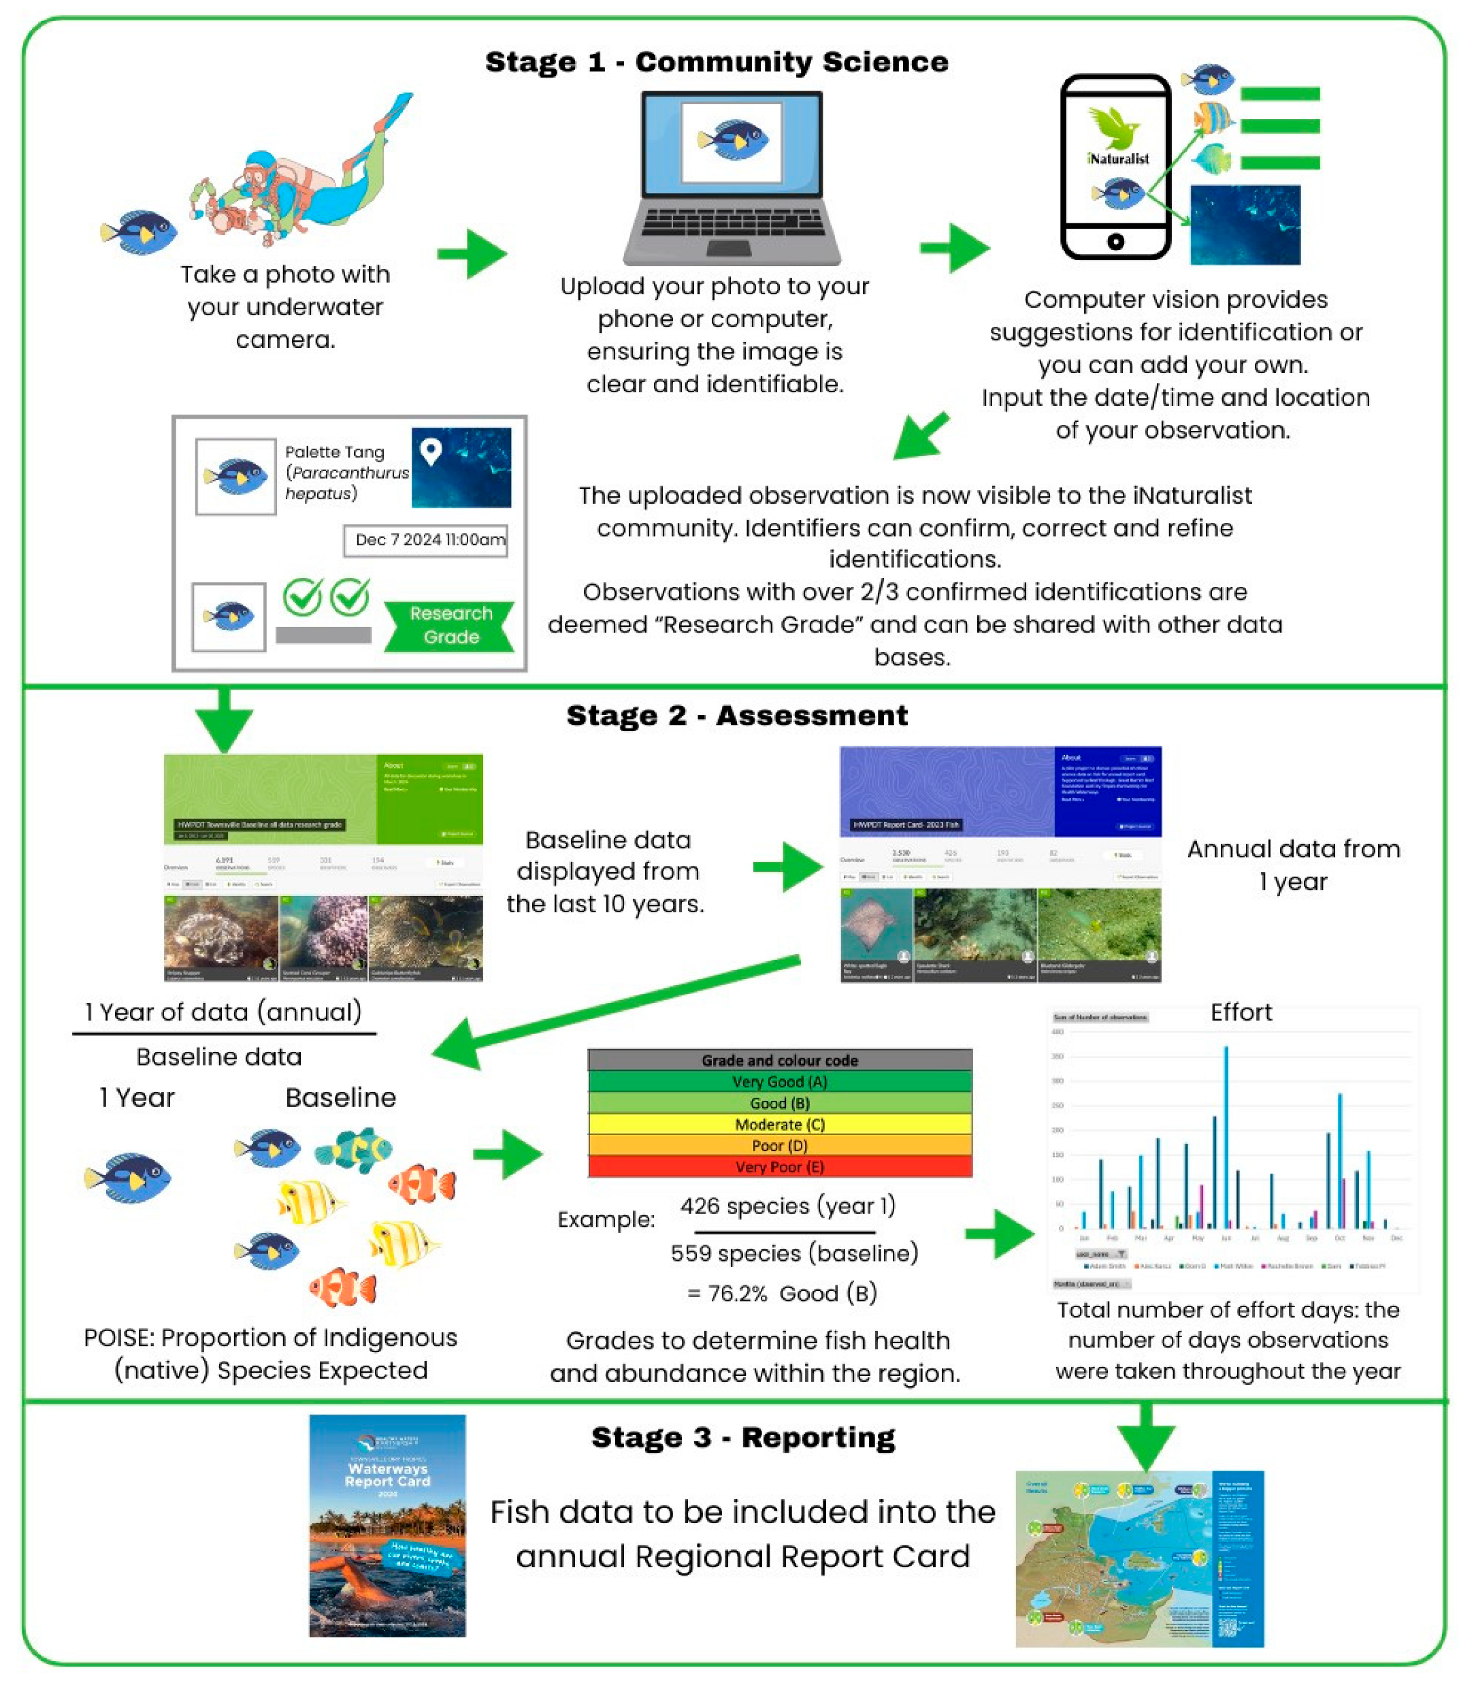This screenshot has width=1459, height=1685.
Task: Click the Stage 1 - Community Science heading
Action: point(717,62)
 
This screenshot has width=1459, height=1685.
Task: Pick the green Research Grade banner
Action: point(450,626)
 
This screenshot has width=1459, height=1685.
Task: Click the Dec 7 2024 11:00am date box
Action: point(426,540)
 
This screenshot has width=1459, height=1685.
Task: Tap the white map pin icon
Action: point(431,451)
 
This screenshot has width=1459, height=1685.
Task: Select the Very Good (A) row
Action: point(780,1082)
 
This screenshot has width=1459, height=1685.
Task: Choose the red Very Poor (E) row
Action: point(780,1167)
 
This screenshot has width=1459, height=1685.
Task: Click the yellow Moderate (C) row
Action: point(780,1125)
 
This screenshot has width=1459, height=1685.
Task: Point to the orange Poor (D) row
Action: point(780,1146)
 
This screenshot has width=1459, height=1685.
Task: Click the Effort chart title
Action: point(1240,1012)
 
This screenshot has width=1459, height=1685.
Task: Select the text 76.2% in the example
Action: point(727,1294)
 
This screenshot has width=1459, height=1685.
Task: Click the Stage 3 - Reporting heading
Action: point(742,1437)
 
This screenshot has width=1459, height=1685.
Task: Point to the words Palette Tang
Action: point(335,452)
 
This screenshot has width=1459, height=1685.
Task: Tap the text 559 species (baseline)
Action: point(794,1253)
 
